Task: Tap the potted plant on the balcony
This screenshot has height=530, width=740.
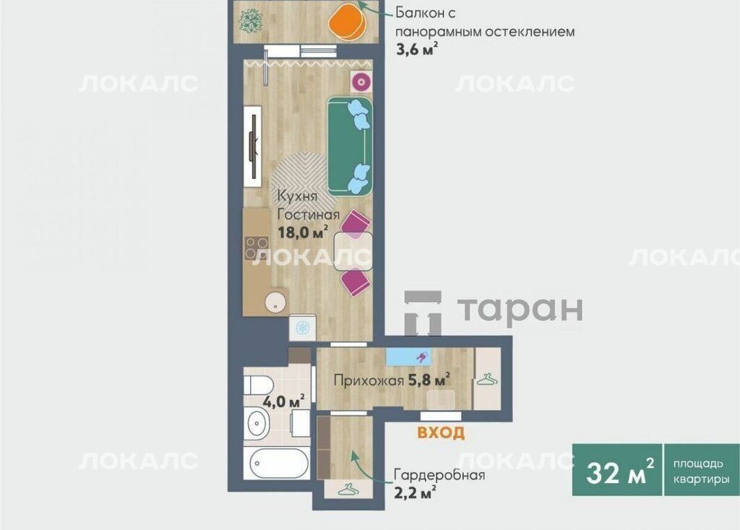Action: point(250,21)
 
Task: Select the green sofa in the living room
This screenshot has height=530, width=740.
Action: point(350,146)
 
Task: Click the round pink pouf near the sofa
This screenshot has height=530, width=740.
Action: point(361,82)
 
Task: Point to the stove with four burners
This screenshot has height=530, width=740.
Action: point(257,249)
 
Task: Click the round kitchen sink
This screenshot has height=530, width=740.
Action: point(275,302)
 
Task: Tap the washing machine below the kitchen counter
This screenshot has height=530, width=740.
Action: point(302,327)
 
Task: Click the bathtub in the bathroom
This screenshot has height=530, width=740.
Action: point(277,463)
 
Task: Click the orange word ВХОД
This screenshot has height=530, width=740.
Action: point(441,432)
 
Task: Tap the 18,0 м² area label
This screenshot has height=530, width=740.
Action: point(303,232)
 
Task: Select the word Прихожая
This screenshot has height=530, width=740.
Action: point(369,381)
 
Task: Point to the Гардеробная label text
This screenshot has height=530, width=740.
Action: point(439,475)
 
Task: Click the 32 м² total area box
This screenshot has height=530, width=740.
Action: point(617,470)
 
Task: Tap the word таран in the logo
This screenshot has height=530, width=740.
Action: point(520,309)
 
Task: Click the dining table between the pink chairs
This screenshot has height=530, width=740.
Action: point(353,252)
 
